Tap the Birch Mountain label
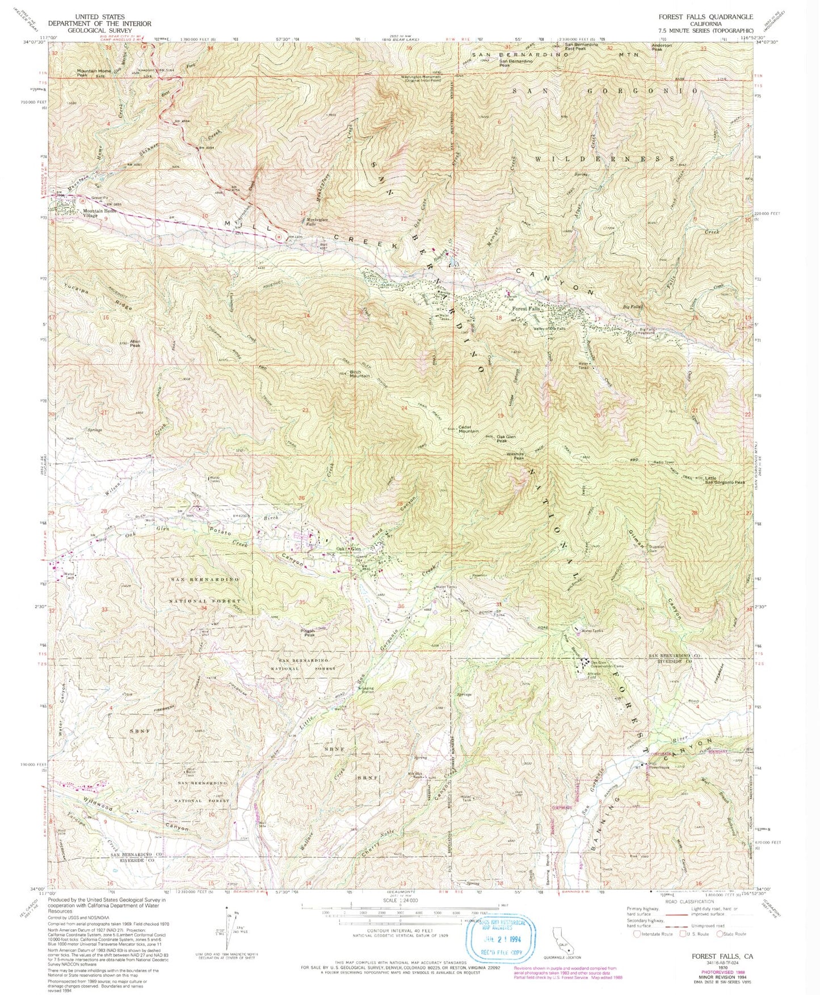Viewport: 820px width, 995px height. [x=359, y=374]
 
